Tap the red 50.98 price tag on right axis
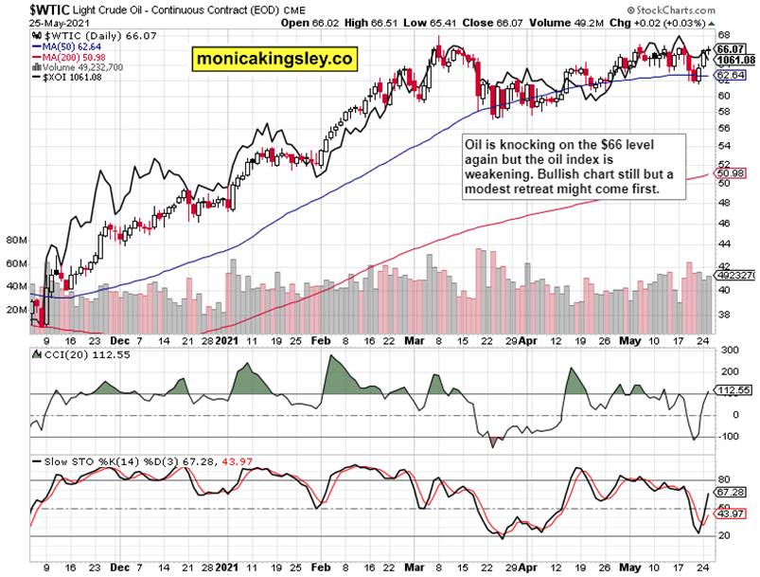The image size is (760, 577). pyautogui.click(x=728, y=174)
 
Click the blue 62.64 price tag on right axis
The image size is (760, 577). pyautogui.click(x=728, y=75)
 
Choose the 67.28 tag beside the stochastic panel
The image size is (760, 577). pyautogui.click(x=728, y=493)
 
